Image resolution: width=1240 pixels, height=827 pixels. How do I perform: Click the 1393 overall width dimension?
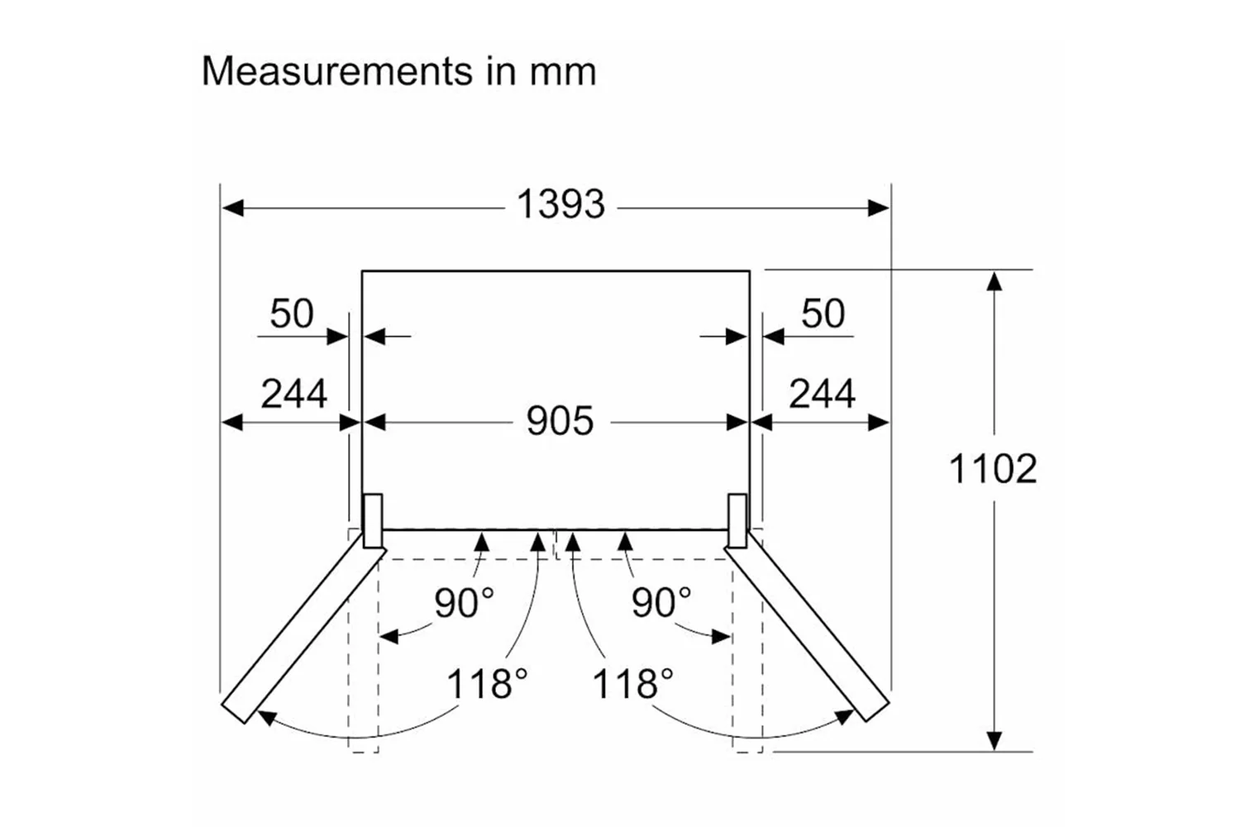tap(560, 204)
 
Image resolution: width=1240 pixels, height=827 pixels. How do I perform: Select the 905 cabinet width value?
tap(560, 421)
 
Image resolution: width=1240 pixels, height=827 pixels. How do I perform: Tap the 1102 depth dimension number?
tap(992, 470)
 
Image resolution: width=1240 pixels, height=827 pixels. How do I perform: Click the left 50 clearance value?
tap(292, 313)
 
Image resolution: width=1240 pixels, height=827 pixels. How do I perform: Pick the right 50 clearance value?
tap(823, 313)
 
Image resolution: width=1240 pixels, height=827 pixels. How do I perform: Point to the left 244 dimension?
tap(293, 394)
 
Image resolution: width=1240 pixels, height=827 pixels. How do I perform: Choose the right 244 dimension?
tap(822, 394)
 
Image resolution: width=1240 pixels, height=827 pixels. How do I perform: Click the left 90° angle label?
tap(464, 603)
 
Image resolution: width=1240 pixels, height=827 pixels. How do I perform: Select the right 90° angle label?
tap(661, 603)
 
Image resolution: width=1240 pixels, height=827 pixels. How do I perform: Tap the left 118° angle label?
tap(487, 684)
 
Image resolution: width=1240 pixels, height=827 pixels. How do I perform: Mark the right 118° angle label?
tap(632, 684)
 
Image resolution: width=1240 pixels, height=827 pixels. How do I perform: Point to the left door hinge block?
tap(373, 520)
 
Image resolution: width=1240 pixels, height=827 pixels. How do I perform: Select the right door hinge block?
tap(737, 520)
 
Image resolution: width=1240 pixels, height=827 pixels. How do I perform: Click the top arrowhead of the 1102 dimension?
tap(995, 281)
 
